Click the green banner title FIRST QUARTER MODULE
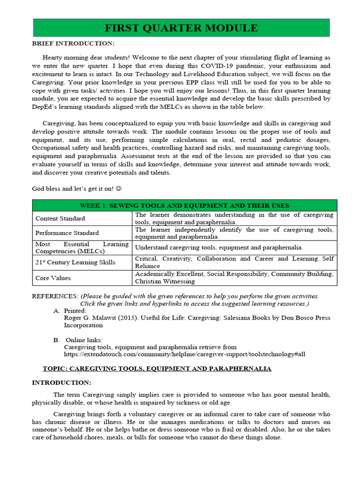tap(181, 28)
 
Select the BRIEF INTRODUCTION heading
tap(73, 43)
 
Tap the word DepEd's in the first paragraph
tap(45, 107)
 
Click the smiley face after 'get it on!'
tap(119, 189)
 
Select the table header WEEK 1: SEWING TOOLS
tap(184, 206)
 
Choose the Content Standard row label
tap(60, 218)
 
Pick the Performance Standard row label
tap(67, 233)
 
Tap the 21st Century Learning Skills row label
tap(75, 262)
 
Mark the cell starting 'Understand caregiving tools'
tap(219, 247)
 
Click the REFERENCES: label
tap(55, 296)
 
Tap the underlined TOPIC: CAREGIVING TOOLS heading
tap(157, 368)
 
